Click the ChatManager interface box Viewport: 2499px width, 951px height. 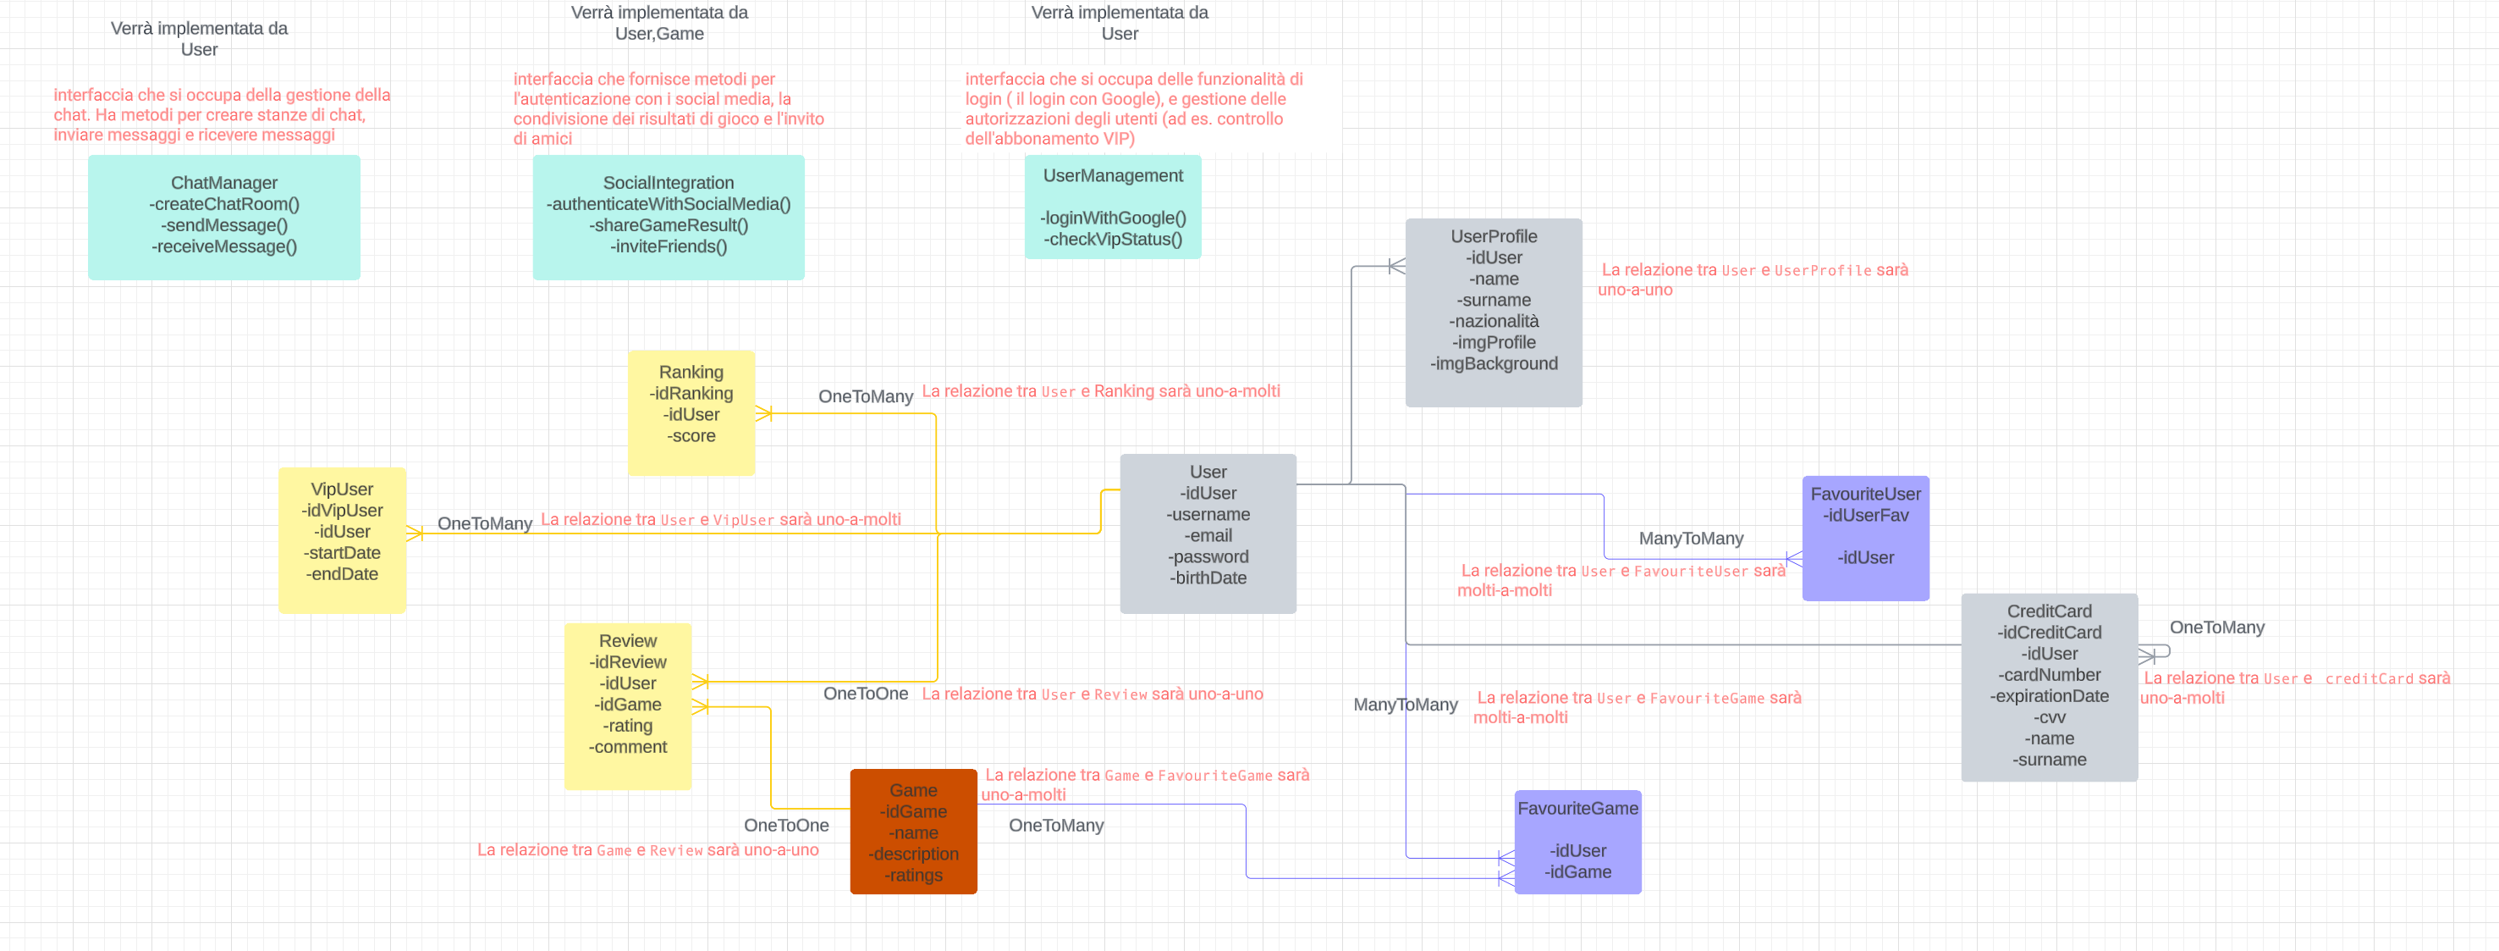point(224,218)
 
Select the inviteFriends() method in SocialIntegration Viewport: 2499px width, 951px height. point(669,246)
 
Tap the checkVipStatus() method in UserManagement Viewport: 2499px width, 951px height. point(1113,239)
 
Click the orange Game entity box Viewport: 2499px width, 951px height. point(913,832)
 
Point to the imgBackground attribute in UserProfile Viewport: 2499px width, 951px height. point(1493,364)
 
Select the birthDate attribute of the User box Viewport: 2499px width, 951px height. point(1208,578)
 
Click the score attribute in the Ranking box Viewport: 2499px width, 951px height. point(691,436)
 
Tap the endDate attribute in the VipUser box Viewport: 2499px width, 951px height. point(342,573)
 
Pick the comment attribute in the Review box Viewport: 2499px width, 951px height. point(628,747)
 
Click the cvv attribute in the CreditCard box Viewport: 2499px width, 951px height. point(2049,717)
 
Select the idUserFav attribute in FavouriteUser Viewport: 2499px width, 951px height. point(1864,515)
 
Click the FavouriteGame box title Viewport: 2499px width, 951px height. point(1577,809)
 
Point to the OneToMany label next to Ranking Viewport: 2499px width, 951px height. point(866,396)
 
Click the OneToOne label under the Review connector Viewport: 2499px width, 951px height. point(866,694)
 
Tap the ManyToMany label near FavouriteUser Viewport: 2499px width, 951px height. point(1690,539)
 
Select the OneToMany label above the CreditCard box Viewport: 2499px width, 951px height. point(2216,628)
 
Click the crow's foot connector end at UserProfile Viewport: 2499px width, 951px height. point(1396,266)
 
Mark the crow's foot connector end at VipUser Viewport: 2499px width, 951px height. point(414,534)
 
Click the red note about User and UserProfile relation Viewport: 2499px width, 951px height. point(1752,279)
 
